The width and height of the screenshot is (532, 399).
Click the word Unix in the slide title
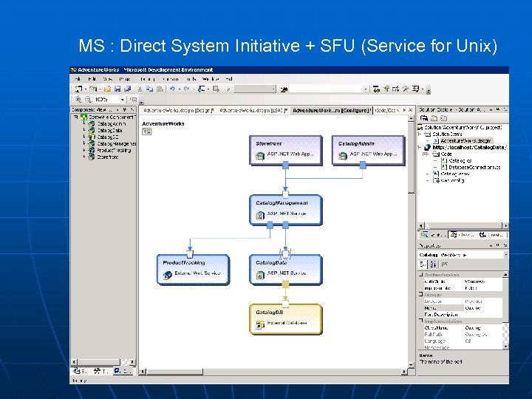[476, 47]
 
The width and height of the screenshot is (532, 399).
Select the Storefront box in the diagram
[285, 149]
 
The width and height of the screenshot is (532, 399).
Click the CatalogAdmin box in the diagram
[368, 149]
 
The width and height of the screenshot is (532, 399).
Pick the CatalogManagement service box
[285, 209]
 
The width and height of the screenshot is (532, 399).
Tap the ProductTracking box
[193, 269]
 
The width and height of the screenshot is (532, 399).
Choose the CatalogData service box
[285, 269]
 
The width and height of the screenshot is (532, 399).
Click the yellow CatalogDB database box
[285, 318]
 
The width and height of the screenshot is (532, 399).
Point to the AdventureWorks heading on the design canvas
[163, 124]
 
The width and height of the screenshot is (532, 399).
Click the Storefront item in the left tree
[107, 157]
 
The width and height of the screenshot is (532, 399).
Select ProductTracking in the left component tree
[114, 150]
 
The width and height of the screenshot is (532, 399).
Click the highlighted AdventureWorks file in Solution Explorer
[465, 140]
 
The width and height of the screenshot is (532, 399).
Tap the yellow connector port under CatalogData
[285, 304]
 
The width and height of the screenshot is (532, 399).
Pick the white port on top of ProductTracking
[190, 253]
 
